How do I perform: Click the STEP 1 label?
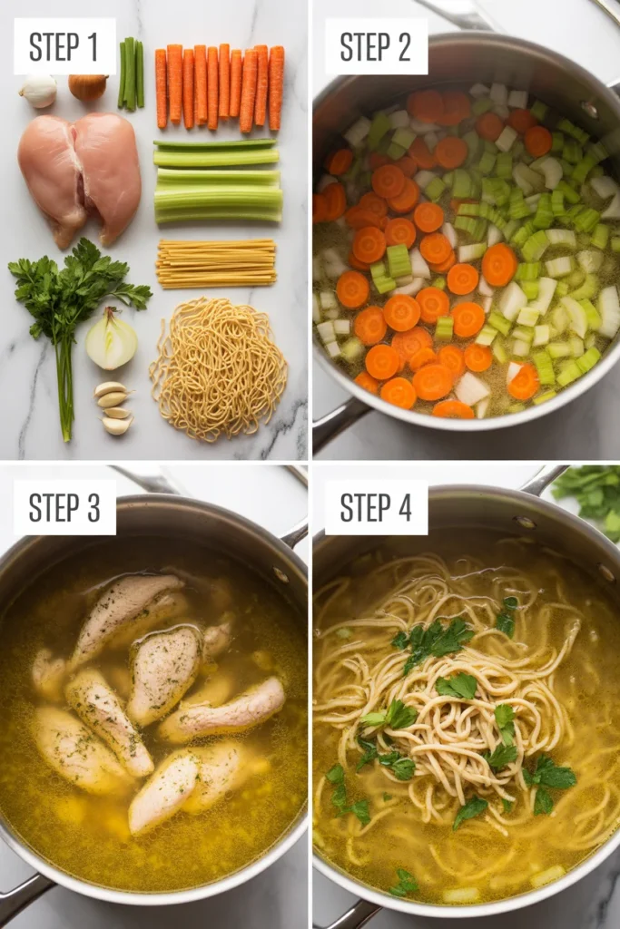(x=64, y=45)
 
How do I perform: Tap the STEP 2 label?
(x=375, y=45)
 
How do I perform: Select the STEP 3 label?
(x=64, y=507)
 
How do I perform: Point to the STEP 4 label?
(x=375, y=507)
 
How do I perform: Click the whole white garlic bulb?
(x=38, y=91)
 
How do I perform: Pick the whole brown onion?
(x=88, y=87)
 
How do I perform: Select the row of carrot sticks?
(x=220, y=87)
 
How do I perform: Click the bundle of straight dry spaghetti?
(x=216, y=262)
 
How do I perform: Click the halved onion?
(x=111, y=339)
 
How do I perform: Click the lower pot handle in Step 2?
(x=338, y=422)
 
